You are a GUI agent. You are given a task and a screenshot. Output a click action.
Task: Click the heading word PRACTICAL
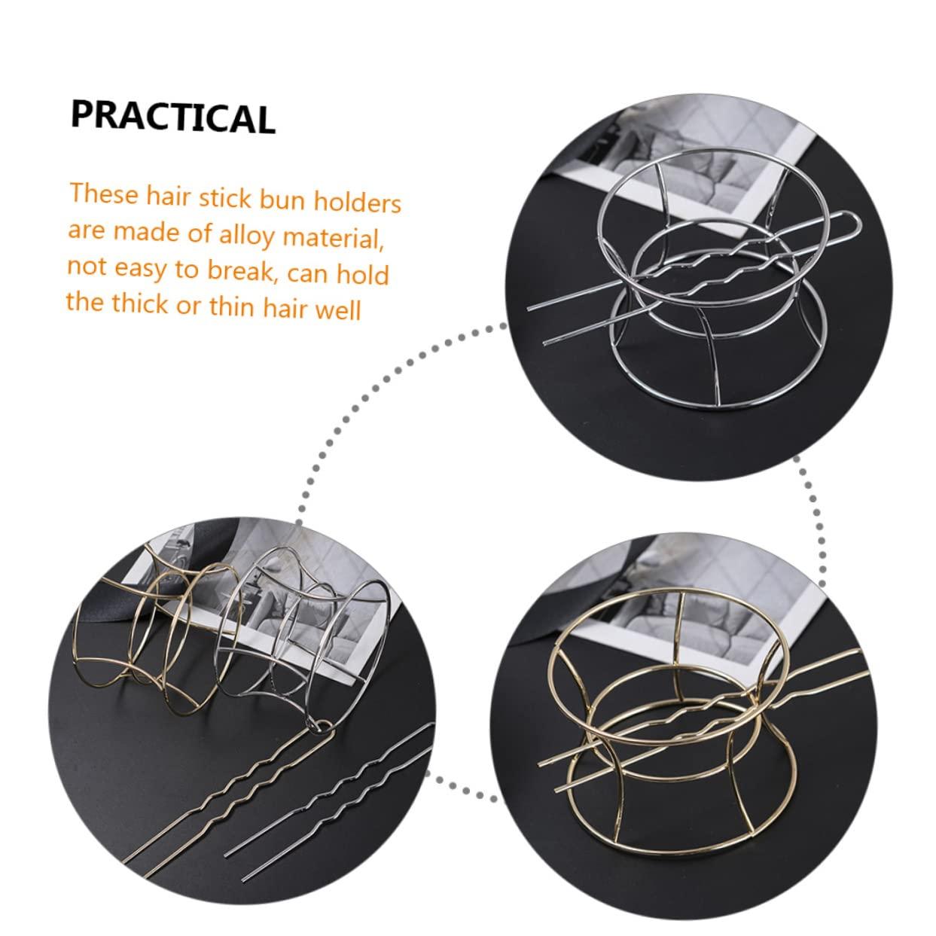click(x=173, y=117)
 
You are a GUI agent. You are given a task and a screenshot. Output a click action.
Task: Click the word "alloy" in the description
click(x=247, y=235)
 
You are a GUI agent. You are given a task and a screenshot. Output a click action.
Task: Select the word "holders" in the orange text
click(x=358, y=203)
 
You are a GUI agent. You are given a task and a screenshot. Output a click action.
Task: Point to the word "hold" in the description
click(x=363, y=274)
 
